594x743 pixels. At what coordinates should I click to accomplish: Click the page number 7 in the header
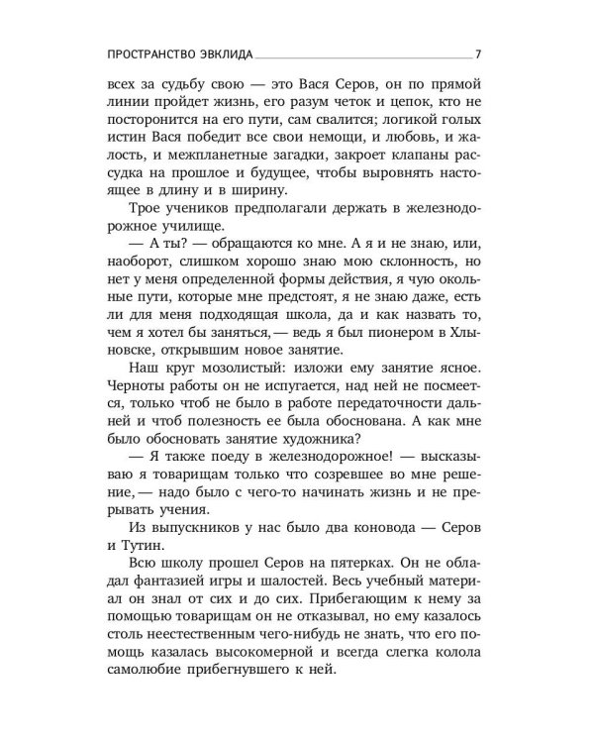click(478, 53)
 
